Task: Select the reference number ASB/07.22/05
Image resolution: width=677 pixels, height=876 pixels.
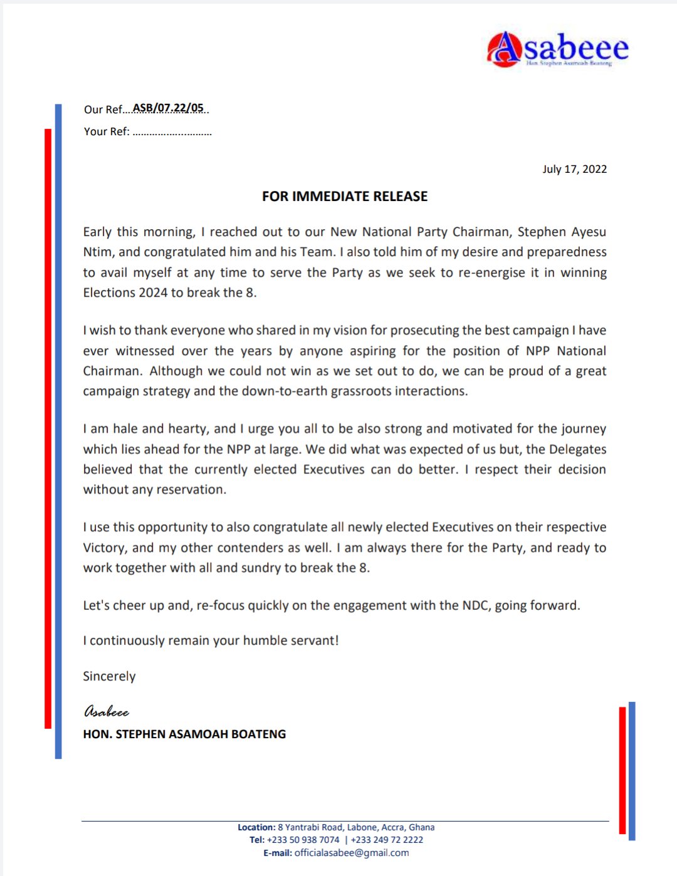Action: click(x=168, y=108)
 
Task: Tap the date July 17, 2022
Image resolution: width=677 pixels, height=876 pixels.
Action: click(x=574, y=169)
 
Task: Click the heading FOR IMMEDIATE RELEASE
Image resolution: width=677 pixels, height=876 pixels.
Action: click(x=345, y=197)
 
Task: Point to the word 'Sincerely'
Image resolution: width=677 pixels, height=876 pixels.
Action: click(x=109, y=676)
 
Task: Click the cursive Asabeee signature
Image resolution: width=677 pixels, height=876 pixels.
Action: click(x=107, y=712)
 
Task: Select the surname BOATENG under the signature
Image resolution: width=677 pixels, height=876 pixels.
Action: click(x=258, y=734)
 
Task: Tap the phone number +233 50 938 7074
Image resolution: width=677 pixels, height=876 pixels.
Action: click(x=303, y=840)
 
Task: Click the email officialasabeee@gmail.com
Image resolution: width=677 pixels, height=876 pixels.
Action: click(x=351, y=853)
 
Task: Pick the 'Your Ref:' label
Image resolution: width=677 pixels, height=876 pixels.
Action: click(x=107, y=131)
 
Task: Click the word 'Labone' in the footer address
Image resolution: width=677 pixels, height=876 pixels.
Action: click(x=362, y=827)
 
